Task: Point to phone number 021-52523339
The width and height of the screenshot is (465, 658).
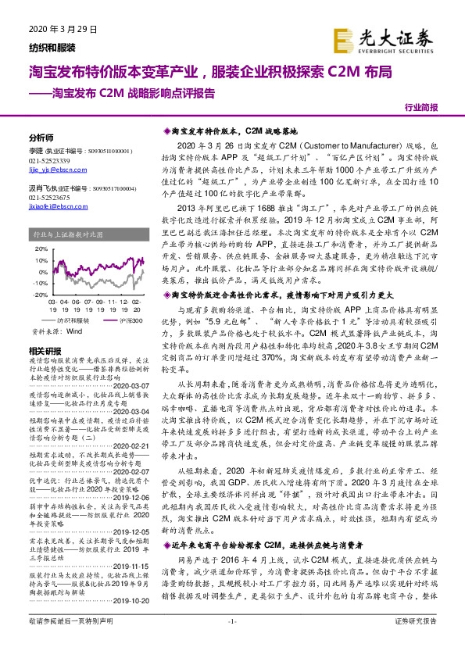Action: click(49, 160)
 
